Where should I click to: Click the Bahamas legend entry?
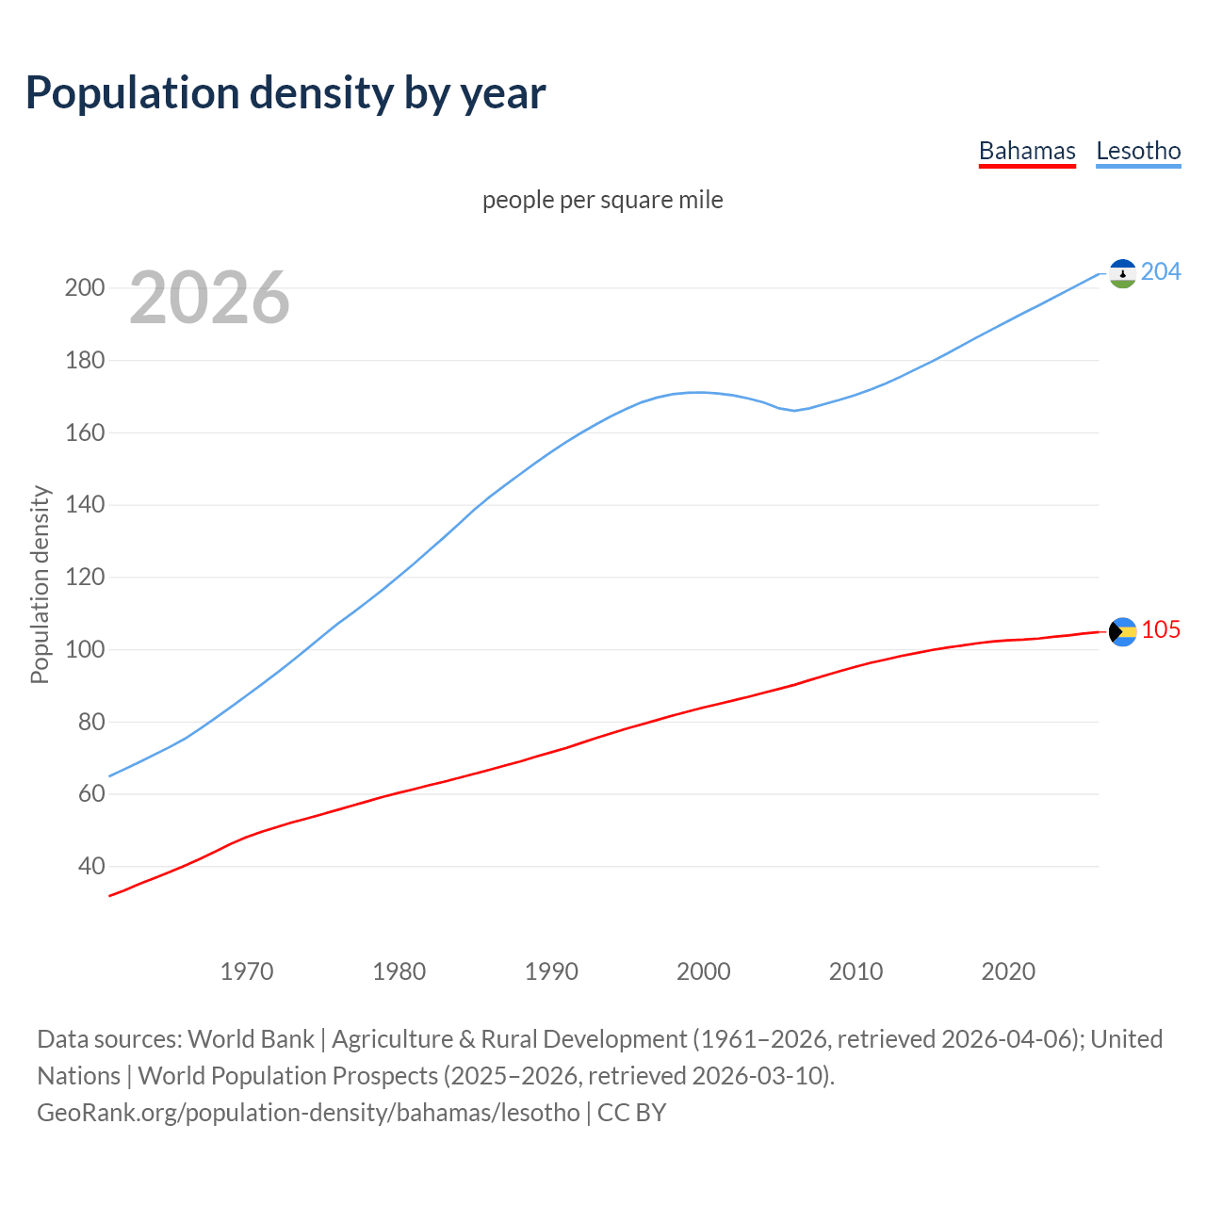click(1027, 152)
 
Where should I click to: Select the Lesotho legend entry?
click(1138, 152)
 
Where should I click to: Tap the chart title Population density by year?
click(285, 93)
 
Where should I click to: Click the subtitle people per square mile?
click(602, 201)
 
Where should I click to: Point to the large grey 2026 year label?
click(209, 298)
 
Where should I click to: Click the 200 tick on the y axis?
click(85, 288)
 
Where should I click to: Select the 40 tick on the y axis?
click(91, 866)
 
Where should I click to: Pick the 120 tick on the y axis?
click(85, 578)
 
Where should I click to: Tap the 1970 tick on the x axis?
click(247, 971)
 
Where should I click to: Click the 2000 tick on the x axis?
click(704, 971)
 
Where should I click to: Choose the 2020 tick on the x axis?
click(1008, 971)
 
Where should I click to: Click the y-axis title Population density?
click(40, 584)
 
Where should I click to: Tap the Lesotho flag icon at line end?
click(1122, 273)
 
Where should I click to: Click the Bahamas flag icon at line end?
click(1122, 631)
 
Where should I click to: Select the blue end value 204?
click(1161, 272)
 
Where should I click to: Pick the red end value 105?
click(1161, 630)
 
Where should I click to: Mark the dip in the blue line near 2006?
click(794, 410)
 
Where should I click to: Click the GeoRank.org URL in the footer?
click(308, 1113)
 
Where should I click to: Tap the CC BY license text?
click(632, 1113)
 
